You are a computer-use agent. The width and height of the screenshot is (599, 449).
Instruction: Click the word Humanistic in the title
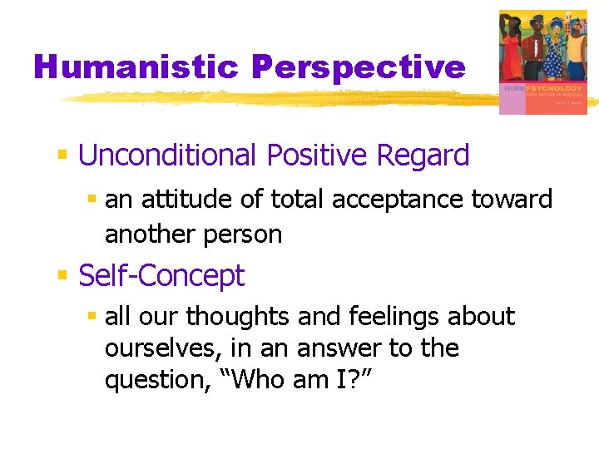(x=136, y=67)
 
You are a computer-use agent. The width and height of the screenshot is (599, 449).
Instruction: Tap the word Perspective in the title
(x=358, y=67)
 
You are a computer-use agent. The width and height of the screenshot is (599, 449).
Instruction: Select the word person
(x=240, y=234)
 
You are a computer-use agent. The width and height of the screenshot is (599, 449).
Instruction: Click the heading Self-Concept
(x=161, y=276)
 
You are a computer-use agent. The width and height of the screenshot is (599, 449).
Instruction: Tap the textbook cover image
(x=542, y=62)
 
